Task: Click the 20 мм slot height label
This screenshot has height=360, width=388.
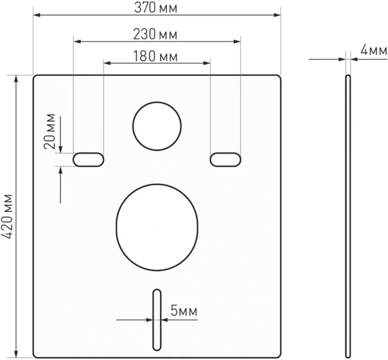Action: (x=50, y=131)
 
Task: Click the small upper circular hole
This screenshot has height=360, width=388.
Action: (x=157, y=125)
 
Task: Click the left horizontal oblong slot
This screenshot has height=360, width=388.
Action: (x=88, y=159)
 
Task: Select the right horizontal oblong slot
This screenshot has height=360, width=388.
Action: (x=225, y=158)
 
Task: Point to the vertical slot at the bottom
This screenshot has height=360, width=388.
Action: (x=157, y=319)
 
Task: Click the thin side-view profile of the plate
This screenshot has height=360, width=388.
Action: (x=348, y=216)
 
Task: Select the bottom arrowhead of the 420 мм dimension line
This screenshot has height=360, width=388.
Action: (x=16, y=352)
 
